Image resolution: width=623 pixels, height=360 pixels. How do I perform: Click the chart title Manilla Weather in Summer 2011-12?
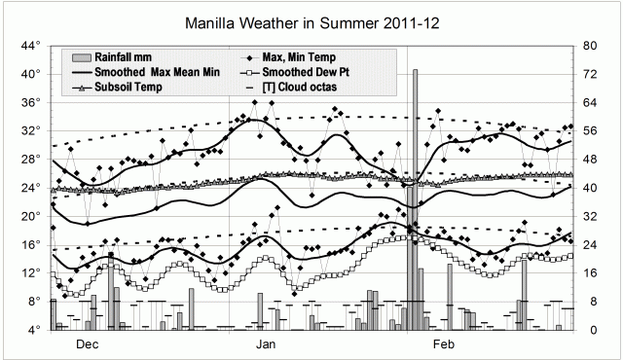click(x=311, y=22)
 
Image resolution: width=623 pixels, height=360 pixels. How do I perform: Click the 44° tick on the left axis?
click(x=30, y=46)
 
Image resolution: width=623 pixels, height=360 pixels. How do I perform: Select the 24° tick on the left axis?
click(x=30, y=188)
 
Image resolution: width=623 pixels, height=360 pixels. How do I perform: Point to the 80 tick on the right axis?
click(x=590, y=46)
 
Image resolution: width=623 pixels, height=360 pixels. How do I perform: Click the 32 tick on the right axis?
click(x=590, y=216)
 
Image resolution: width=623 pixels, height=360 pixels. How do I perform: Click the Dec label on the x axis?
click(x=87, y=344)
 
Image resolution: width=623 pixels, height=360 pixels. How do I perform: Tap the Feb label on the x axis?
click(x=444, y=344)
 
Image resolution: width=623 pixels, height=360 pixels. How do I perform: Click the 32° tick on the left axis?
click(x=30, y=130)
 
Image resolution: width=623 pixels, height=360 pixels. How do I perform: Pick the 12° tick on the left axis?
click(x=30, y=273)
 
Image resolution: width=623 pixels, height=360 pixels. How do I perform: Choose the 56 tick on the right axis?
click(x=590, y=130)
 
